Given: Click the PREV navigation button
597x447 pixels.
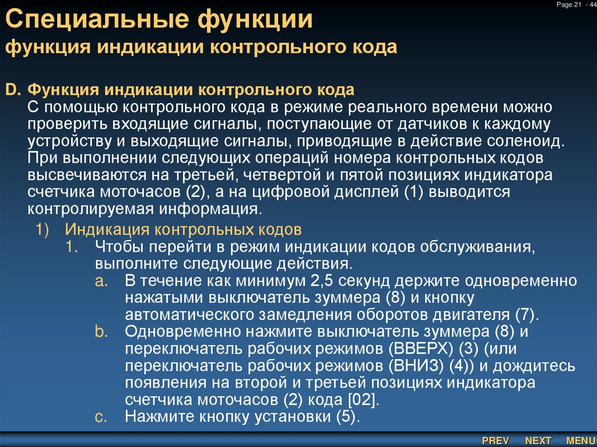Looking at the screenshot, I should pos(496,441).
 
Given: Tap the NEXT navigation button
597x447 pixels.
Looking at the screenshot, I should pos(538,441).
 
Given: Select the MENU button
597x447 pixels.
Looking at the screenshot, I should pos(580,441).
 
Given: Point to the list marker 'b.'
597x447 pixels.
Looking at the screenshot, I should pos(101,332).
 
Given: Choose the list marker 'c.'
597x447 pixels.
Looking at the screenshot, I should pos(101,417).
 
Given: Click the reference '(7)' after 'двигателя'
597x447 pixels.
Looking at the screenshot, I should pos(525,315).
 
